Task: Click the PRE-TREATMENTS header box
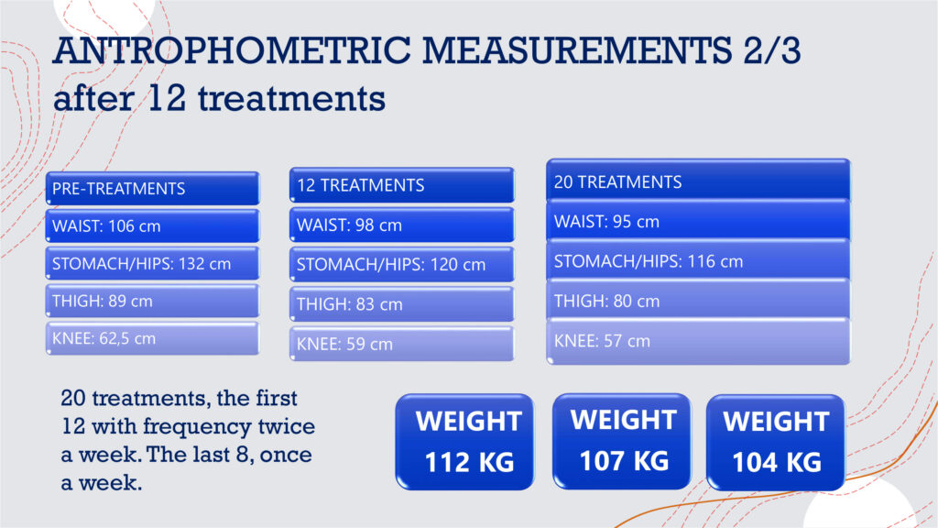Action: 153,188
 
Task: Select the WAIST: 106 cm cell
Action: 153,225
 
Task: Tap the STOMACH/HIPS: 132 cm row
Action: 153,263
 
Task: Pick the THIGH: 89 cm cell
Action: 153,301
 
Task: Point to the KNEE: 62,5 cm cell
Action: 153,338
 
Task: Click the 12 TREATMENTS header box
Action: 402,185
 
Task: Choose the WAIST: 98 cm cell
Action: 402,225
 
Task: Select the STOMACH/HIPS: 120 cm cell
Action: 402,265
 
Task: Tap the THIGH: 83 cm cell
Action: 402,304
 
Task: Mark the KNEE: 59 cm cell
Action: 402,344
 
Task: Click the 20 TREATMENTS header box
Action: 698,181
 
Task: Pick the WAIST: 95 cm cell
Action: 698,221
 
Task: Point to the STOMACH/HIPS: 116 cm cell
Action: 698,261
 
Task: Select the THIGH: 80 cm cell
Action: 698,301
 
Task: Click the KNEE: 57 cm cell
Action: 698,341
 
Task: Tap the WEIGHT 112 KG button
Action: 464,442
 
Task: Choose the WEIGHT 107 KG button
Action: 622,441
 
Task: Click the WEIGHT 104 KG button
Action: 776,443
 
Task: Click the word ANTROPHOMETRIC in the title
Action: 232,49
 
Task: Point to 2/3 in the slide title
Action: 771,49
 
